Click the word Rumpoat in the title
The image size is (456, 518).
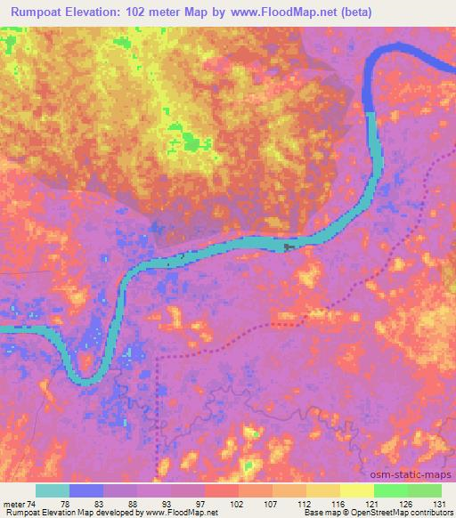pos(38,13)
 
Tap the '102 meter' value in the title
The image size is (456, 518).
pos(142,13)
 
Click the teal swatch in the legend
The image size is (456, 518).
pos(53,490)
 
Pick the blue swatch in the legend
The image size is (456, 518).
pos(86,490)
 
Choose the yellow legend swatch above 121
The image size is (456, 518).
pos(357,490)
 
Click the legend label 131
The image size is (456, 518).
pos(439,503)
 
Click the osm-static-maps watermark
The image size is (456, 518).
pos(419,474)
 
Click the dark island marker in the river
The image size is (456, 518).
pos(287,247)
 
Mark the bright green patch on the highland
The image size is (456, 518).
pos(191,139)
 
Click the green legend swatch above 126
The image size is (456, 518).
pos(391,490)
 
